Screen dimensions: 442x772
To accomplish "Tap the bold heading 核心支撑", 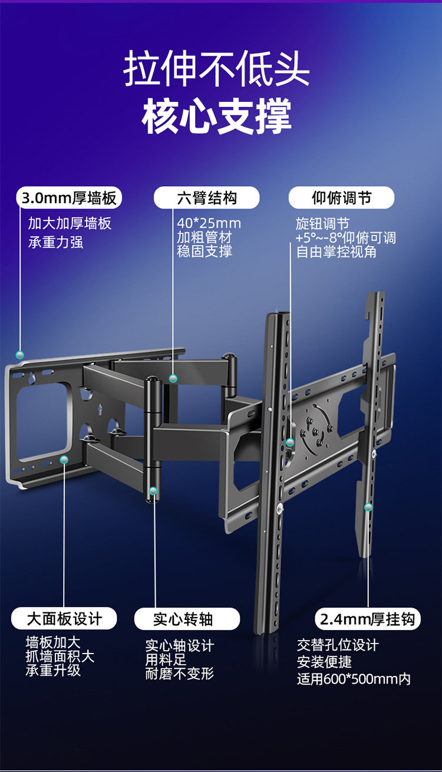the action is tap(216, 116).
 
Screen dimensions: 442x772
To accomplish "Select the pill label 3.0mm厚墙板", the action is tap(68, 198).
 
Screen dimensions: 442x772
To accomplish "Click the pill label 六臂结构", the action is tap(206, 198).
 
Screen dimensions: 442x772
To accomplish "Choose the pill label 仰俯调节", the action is tap(341, 198).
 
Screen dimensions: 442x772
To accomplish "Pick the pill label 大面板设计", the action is tap(64, 619).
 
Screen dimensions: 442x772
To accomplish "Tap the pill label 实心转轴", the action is tap(187, 619).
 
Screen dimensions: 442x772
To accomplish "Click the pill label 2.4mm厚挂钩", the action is tap(368, 619).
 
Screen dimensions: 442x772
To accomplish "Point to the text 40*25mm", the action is tap(209, 224).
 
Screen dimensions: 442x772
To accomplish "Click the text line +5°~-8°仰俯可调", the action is tap(345, 238).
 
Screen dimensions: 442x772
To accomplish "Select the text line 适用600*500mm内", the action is tap(353, 679).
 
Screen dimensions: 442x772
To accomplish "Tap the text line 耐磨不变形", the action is tap(179, 674).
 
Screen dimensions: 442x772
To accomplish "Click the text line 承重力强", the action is tap(55, 242).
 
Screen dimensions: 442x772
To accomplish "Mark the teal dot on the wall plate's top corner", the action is tap(20, 355).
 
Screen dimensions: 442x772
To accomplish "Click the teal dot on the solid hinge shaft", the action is tap(153, 490).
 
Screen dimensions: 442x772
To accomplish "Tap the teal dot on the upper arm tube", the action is tap(173, 379).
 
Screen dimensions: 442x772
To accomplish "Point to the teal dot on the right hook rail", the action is tap(368, 507).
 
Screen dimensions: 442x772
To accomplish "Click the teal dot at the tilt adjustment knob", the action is tap(290, 442).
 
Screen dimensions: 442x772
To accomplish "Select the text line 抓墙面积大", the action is tap(60, 656).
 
